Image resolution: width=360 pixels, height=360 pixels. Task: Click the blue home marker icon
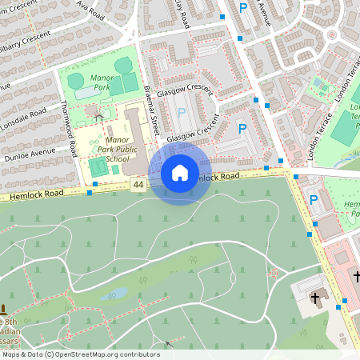tap(180, 172)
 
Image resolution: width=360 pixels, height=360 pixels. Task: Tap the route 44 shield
tap(139, 185)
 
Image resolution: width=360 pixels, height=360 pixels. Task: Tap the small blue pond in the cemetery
tap(112, 294)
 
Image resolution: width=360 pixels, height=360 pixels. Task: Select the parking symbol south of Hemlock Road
tap(313, 200)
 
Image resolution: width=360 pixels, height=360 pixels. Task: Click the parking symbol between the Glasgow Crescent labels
tap(180, 114)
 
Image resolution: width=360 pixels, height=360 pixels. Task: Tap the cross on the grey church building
tap(316, 298)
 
